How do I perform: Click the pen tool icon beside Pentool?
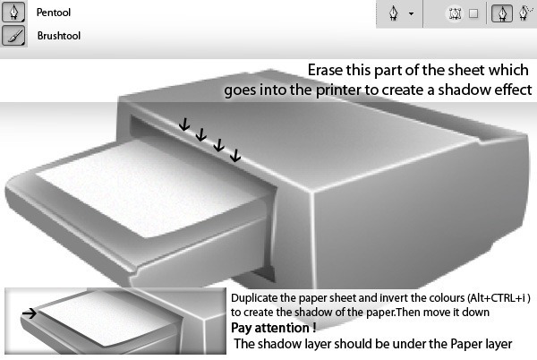(x=13, y=12)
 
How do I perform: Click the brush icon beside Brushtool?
(x=13, y=35)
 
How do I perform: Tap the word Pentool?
(x=54, y=13)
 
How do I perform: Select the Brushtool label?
(x=59, y=36)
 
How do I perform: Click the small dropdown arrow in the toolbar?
(x=411, y=14)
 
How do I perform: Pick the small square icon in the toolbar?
(x=473, y=13)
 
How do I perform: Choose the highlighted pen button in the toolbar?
(x=502, y=13)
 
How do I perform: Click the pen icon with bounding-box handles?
(x=455, y=13)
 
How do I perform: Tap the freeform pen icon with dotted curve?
(x=525, y=13)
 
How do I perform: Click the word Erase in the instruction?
(x=326, y=70)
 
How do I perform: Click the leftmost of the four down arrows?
(x=184, y=124)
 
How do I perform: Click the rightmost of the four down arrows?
(x=235, y=155)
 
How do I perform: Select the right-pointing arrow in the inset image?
(x=30, y=313)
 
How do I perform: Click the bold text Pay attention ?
(x=274, y=328)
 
